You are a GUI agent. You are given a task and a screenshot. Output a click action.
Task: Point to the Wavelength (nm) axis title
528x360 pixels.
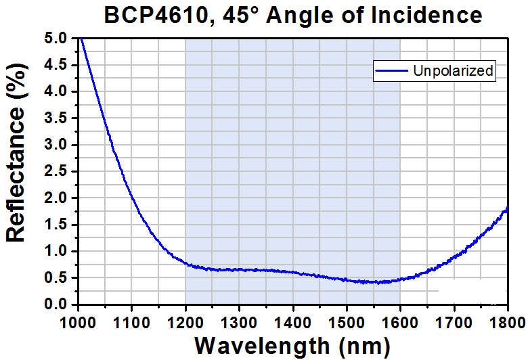coord(292,345)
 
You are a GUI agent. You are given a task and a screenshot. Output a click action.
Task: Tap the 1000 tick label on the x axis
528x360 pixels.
coord(79,317)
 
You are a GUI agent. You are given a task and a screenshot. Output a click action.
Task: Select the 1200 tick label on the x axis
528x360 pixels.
coord(185,317)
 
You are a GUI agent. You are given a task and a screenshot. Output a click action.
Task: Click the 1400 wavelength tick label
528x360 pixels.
coord(292,317)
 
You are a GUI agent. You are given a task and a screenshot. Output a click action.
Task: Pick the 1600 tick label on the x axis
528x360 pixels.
coord(399,317)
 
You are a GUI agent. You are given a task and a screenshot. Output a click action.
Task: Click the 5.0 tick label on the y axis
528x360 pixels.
coord(58,39)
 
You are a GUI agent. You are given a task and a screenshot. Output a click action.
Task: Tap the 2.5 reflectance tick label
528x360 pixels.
coord(58,172)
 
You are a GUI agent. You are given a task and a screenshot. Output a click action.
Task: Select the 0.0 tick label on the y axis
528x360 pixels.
coord(58,305)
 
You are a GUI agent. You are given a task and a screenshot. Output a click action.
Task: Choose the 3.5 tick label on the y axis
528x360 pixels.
coord(58,118)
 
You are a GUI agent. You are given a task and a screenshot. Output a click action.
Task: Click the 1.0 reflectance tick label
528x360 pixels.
coord(58,252)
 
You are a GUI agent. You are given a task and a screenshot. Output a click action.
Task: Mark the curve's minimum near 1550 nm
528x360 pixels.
coord(373,282)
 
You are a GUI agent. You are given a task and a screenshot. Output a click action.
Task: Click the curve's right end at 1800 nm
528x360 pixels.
coord(507,208)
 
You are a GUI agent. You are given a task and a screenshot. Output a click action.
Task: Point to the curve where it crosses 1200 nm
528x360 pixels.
coord(185,264)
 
